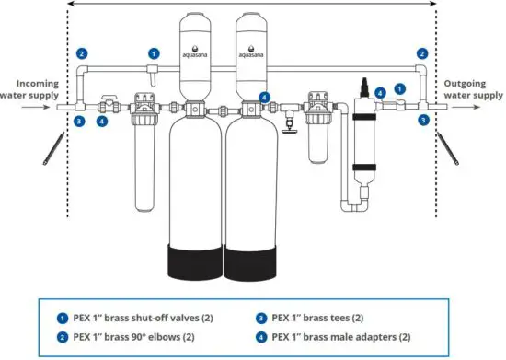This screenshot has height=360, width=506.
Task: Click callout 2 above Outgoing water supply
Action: tap(422, 53)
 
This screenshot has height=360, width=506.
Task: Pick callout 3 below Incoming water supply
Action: tap(79, 120)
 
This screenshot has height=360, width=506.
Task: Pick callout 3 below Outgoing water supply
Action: tap(422, 120)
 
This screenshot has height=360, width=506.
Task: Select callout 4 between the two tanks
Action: tap(264, 97)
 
